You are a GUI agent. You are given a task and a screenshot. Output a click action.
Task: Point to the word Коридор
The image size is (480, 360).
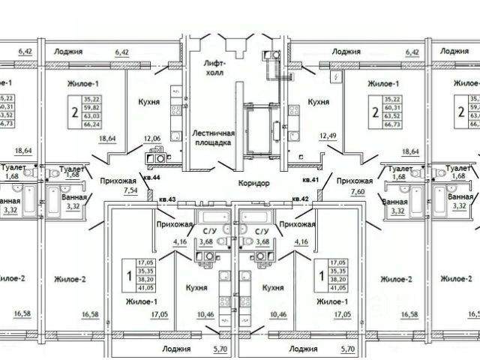coord(255,184)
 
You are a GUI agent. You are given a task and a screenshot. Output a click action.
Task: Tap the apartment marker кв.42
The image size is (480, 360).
coord(301,199)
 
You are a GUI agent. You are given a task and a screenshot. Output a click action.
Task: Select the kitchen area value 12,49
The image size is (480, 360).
coord(328,137)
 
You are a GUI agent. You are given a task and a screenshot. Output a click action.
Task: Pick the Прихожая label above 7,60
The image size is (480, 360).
coord(355,181)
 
